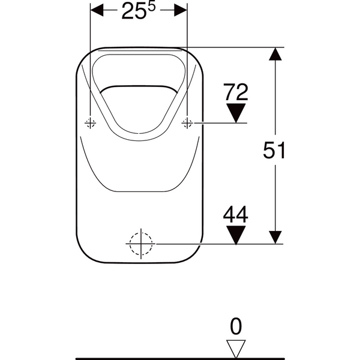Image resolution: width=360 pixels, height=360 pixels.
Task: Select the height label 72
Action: [x=235, y=92]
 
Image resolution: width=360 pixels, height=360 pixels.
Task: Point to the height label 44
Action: [x=235, y=214]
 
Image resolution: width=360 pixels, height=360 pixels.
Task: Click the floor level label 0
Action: [x=236, y=326]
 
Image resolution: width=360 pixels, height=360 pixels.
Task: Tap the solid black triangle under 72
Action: [x=235, y=112]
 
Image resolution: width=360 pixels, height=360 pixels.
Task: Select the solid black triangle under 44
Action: [x=235, y=233]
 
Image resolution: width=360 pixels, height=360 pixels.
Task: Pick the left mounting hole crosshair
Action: [x=91, y=123]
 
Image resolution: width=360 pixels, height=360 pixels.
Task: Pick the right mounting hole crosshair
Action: [x=187, y=123]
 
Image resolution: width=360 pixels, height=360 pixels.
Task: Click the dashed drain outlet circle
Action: [x=141, y=244]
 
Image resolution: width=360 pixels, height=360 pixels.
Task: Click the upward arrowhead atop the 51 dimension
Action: [x=275, y=55]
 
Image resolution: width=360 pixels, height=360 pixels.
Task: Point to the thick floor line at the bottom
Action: [x=180, y=358]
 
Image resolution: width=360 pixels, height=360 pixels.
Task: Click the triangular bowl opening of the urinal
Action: [x=139, y=102]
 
